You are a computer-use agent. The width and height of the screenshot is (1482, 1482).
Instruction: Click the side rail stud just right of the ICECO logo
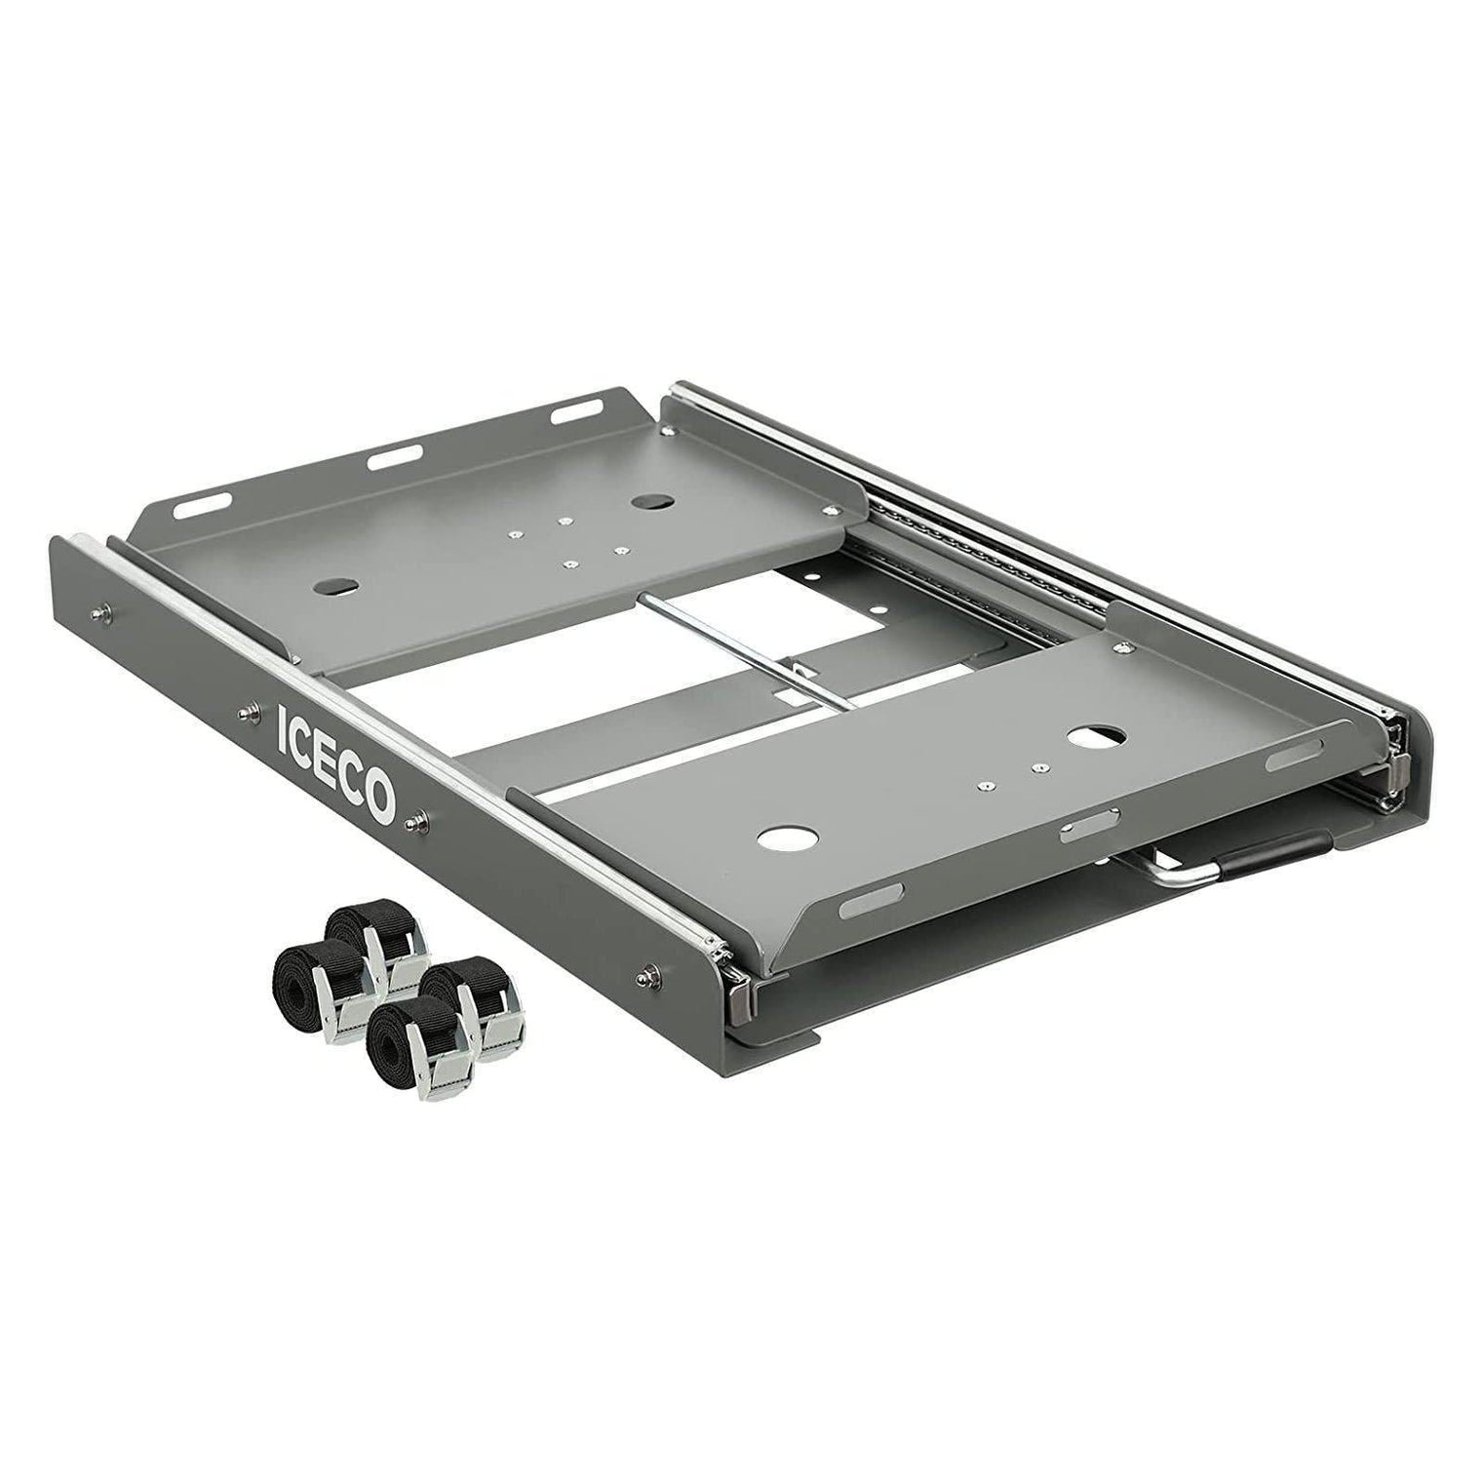point(420,818)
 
